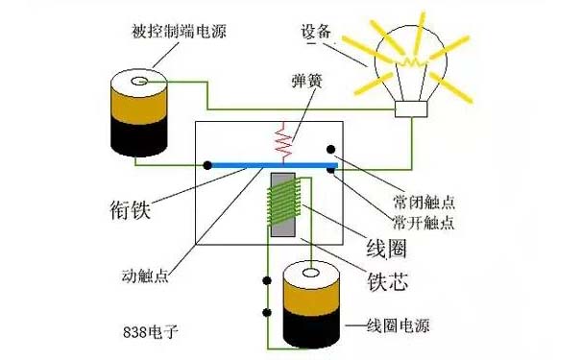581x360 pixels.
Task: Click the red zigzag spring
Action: coord(283,142)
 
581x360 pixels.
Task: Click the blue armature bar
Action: coord(269,165)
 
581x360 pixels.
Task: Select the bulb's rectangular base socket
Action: coord(413,111)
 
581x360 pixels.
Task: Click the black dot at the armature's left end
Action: coord(206,165)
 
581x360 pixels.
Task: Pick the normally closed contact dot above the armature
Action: coord(330,151)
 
